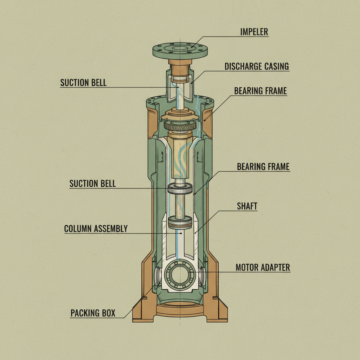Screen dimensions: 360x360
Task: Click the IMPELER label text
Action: pyautogui.click(x=254, y=32)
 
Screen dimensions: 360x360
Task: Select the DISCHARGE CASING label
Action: pyautogui.click(x=257, y=66)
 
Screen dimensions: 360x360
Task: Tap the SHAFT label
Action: pyautogui.click(x=247, y=206)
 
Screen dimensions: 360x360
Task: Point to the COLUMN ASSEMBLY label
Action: pyautogui.click(x=96, y=229)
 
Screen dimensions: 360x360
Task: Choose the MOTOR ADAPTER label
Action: pyautogui.click(x=263, y=267)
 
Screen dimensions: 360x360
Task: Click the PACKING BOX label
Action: pyautogui.click(x=93, y=313)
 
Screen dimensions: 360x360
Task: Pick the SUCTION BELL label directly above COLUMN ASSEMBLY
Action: pyautogui.click(x=92, y=184)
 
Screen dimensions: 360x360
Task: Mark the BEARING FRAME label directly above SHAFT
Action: pyautogui.click(x=263, y=166)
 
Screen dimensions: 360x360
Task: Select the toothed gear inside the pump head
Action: pyautogui.click(x=180, y=126)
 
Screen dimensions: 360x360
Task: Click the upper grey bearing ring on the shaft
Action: pyautogui.click(x=180, y=189)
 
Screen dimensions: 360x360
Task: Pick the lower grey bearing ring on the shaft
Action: pyautogui.click(x=180, y=222)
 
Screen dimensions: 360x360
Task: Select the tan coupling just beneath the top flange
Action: pyautogui.click(x=180, y=65)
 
